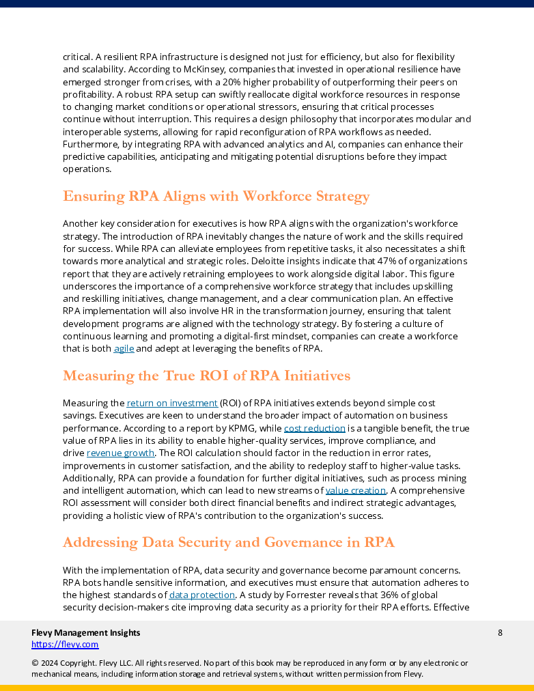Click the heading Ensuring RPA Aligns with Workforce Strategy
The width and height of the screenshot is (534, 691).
216,197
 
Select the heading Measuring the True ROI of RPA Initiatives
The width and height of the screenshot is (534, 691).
206,376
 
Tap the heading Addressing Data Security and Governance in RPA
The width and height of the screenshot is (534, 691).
228,542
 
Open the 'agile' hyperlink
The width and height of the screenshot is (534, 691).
124,348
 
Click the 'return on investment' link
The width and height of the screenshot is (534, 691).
172,403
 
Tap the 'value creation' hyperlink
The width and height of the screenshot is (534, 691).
356,490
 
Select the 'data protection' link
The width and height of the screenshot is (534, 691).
202,595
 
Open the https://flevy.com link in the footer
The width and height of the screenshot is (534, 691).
65,644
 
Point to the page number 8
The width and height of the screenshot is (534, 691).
500,632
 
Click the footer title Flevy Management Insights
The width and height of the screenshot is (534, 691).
85,632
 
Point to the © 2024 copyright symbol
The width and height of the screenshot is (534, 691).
35,662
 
